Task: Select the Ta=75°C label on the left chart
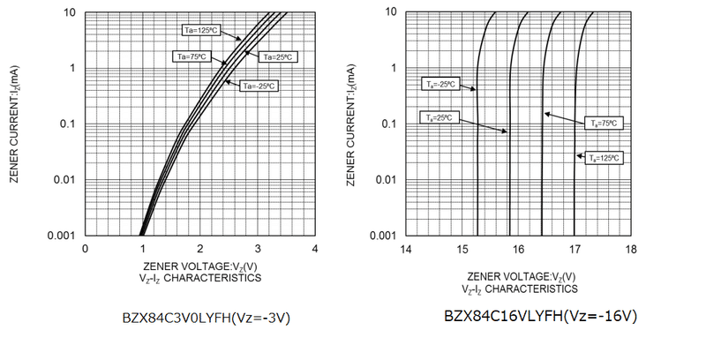click(190, 56)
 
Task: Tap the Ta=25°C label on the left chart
click(277, 57)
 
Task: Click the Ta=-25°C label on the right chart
click(438, 85)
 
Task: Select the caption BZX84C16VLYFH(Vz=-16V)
click(541, 315)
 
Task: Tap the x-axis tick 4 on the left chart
click(315, 248)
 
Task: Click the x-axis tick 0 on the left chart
click(85, 248)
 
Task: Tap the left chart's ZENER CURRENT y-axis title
click(13, 124)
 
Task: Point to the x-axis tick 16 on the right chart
click(518, 248)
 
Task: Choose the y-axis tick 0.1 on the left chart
click(69, 124)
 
